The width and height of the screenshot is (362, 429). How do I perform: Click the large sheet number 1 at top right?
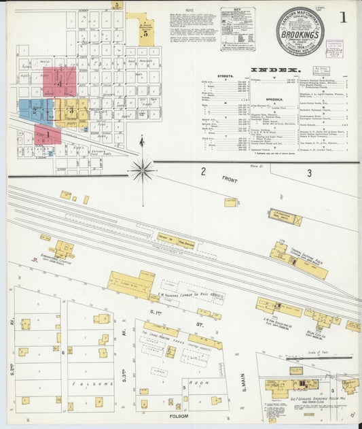click(344, 18)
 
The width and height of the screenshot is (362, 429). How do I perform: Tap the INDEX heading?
click(276, 70)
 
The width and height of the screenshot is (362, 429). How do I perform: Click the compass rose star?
click(142, 170)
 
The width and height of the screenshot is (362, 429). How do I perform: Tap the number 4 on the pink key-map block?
click(59, 84)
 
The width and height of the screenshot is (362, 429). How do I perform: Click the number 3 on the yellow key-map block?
click(70, 111)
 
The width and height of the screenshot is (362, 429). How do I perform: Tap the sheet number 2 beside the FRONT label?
click(202, 172)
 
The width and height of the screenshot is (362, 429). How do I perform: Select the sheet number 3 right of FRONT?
click(309, 173)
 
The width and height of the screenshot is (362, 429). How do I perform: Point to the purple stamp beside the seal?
click(334, 48)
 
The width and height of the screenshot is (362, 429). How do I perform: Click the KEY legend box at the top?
click(237, 29)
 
